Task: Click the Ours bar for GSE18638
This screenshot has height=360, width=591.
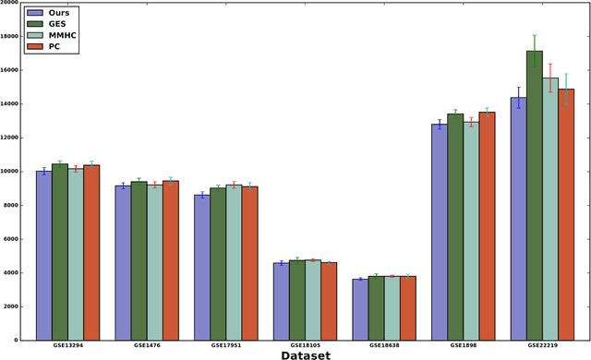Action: [x=360, y=309]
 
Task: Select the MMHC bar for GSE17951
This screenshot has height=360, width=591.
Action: [x=234, y=263]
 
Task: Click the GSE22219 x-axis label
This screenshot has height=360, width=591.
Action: [x=541, y=345]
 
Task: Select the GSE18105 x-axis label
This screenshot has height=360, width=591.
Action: [x=305, y=345]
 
